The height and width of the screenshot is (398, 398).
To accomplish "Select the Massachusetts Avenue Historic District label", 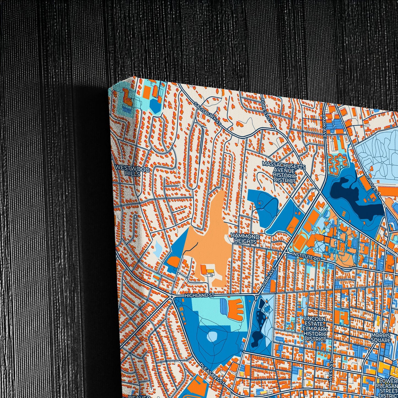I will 284,172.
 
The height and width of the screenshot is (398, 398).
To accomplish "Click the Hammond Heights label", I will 245,239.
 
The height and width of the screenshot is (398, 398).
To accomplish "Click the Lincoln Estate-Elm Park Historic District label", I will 315,329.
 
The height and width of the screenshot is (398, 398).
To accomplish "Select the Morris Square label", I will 381,337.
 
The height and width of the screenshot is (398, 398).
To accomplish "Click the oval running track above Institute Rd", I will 299,242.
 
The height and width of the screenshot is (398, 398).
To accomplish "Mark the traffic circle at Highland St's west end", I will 172,297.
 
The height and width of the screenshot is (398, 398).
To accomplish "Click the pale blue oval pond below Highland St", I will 212,336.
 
